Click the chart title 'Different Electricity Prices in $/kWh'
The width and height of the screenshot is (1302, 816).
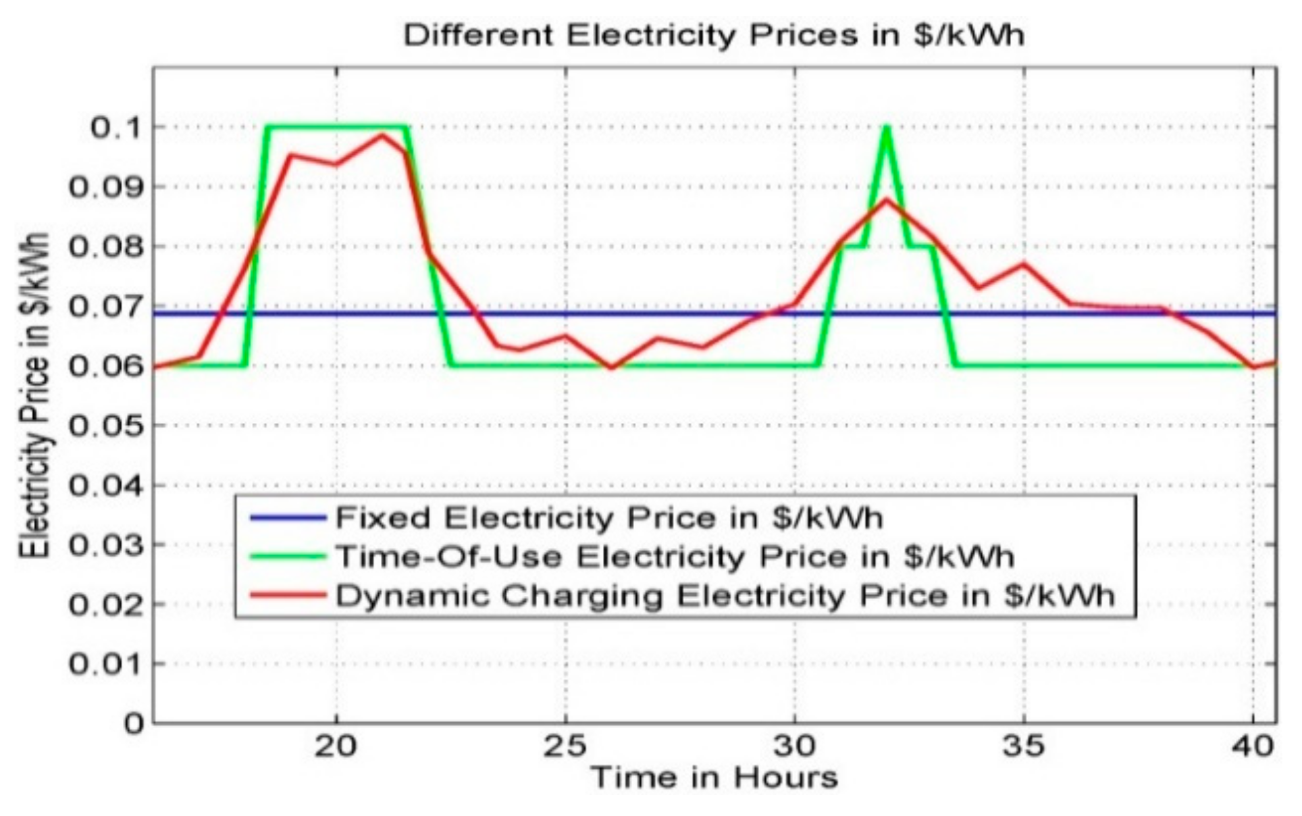pos(713,35)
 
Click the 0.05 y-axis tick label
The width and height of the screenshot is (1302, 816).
pos(107,426)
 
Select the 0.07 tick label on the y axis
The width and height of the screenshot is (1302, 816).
pos(107,307)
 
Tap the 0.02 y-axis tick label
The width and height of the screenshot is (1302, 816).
pos(107,604)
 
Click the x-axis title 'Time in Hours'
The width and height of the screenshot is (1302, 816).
pos(714,778)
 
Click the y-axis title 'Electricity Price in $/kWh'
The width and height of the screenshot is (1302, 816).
pos(35,395)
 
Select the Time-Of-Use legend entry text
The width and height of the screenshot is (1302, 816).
pos(675,557)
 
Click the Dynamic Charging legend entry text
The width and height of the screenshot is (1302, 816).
pos(725,596)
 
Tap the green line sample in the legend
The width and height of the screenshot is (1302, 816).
pos(288,557)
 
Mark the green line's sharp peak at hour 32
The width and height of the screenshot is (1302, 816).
pos(886,128)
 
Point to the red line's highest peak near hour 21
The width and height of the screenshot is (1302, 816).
pos(382,135)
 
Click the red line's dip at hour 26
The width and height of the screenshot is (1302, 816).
pos(611,368)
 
